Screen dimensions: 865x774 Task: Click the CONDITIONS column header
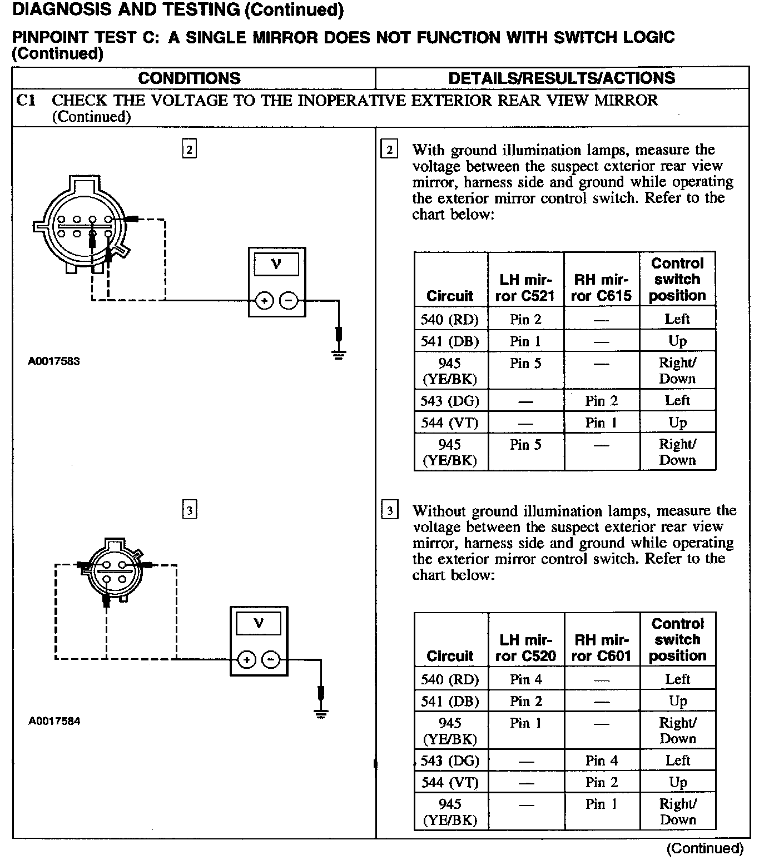(x=189, y=78)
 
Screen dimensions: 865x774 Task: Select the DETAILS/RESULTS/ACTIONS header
(x=562, y=78)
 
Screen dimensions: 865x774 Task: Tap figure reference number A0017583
(x=54, y=361)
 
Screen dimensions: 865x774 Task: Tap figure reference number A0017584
(x=54, y=722)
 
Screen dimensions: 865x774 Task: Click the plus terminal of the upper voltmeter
(x=264, y=301)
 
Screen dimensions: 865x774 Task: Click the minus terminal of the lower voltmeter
(x=271, y=660)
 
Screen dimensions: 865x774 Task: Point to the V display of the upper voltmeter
(x=276, y=264)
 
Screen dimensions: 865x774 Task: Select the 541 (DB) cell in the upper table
(x=450, y=341)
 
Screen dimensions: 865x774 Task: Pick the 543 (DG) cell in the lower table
(x=450, y=760)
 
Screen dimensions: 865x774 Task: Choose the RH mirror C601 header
(x=602, y=648)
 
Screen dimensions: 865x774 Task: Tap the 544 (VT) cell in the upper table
(x=450, y=423)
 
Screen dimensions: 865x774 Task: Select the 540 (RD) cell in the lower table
(x=450, y=679)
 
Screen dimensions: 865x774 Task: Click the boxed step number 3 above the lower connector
(x=190, y=510)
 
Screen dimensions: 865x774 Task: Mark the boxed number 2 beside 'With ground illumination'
(x=389, y=150)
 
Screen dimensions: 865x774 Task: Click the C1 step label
(x=26, y=101)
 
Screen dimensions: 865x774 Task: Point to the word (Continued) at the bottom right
(x=704, y=848)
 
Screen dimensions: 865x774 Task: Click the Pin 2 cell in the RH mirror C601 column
(x=602, y=783)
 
